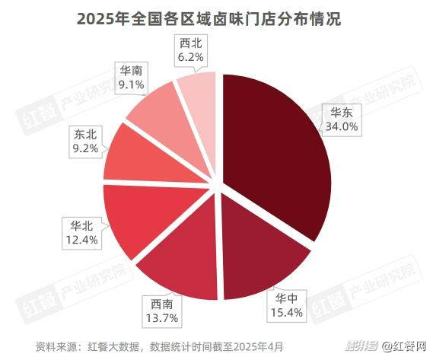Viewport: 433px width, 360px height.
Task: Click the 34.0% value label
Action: (341, 126)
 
